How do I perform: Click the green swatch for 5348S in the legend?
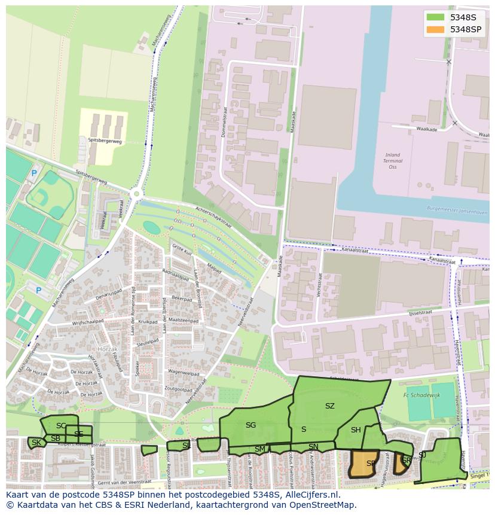pos(436,17)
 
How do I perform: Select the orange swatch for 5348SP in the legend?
pos(436,29)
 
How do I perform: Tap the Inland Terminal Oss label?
pos(392,161)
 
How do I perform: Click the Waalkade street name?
pos(426,129)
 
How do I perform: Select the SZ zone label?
pos(329,406)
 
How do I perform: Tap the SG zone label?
pos(250,425)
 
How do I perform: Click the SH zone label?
pos(356,430)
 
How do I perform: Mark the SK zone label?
pos(36,443)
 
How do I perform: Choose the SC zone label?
pos(61,426)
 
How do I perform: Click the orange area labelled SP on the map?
pos(364,464)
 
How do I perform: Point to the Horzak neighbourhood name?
pos(109,349)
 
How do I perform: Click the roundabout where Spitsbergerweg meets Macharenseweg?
pos(137,193)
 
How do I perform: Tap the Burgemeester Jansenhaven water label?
pos(457,211)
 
